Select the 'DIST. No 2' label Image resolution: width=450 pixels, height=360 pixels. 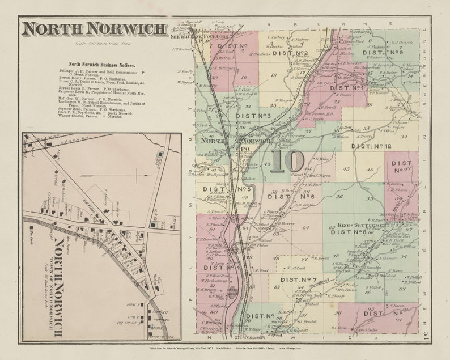coord(290,53)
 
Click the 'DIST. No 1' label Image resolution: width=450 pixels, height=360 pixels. coord(347,88)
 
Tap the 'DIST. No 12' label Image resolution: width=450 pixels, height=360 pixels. coord(371,146)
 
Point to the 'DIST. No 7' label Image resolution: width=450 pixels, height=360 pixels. coord(298,279)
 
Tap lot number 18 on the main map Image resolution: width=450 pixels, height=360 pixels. coord(274,74)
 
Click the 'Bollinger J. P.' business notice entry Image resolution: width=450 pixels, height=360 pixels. coord(102,73)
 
